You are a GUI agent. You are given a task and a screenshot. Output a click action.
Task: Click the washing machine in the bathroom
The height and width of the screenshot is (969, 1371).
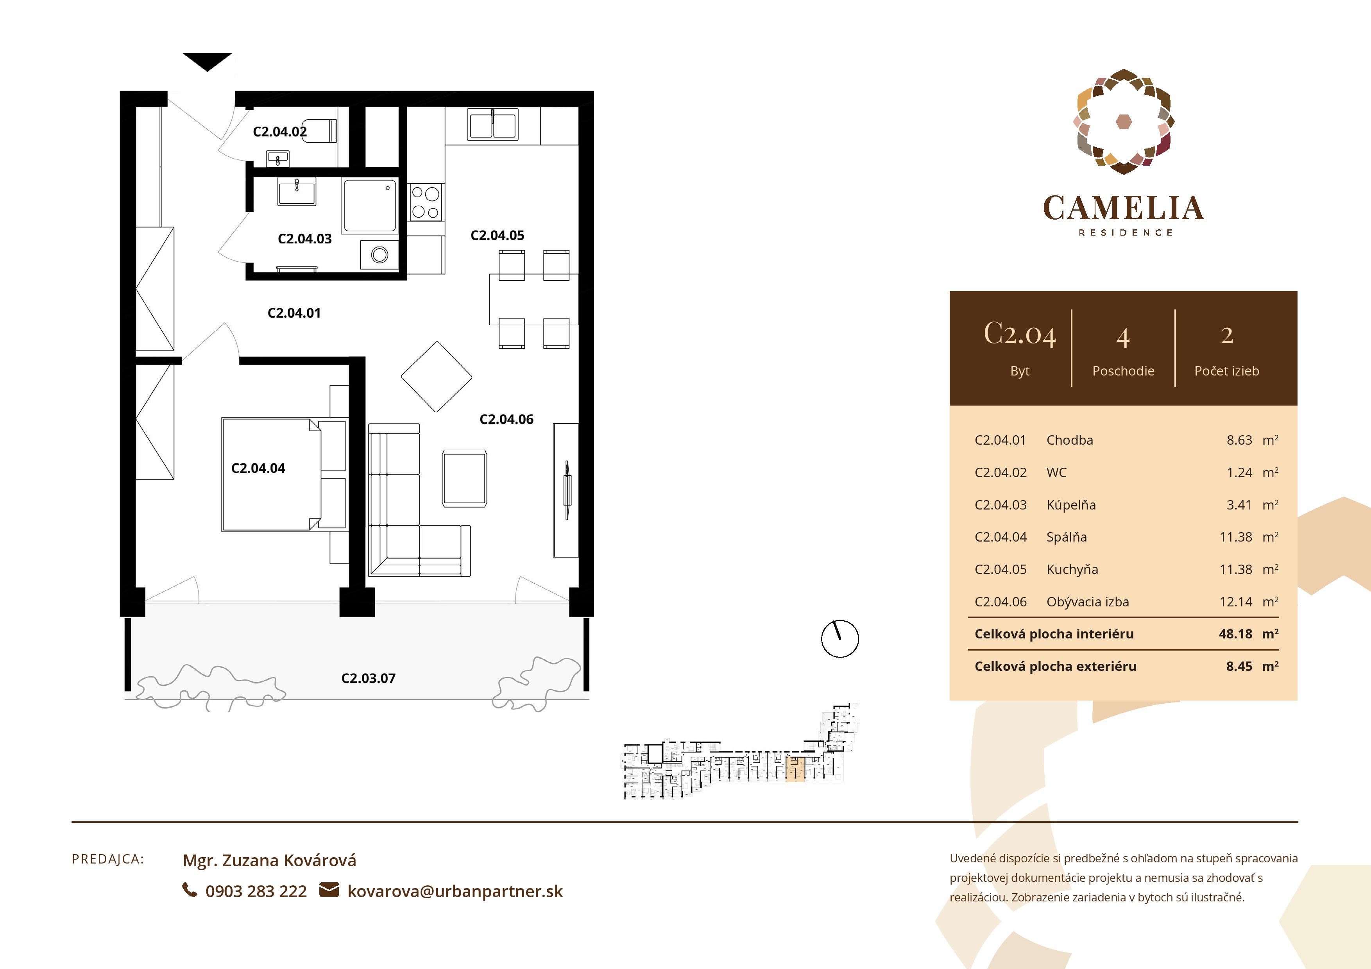(x=379, y=255)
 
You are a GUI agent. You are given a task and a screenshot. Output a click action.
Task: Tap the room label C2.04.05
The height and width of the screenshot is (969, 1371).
(x=497, y=235)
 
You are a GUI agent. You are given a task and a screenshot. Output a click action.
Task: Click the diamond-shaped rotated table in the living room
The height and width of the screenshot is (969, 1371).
(x=437, y=377)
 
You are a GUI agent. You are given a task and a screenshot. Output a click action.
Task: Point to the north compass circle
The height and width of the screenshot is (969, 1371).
(x=839, y=638)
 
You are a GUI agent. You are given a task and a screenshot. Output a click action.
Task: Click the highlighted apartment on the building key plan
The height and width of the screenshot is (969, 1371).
(x=795, y=770)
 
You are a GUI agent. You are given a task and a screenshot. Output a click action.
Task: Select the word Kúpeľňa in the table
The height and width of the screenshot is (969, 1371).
(x=1070, y=505)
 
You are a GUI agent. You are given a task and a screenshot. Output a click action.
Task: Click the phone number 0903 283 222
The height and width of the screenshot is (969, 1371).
(x=256, y=891)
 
